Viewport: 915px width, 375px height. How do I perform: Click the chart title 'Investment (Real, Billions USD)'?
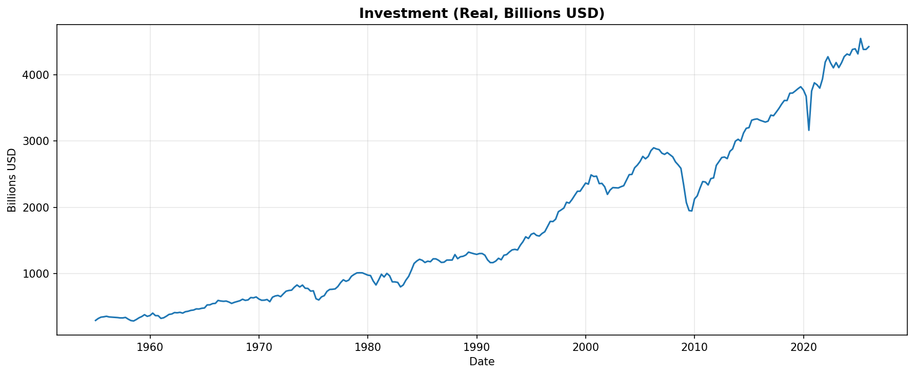482,13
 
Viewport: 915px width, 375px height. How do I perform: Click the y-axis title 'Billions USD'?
12,180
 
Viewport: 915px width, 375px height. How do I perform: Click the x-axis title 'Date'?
482,362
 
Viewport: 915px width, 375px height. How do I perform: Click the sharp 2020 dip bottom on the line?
809,130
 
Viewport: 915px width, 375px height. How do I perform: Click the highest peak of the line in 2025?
861,38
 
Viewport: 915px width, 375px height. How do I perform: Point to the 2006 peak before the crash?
653,148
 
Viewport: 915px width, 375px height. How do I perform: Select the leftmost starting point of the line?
95,321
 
